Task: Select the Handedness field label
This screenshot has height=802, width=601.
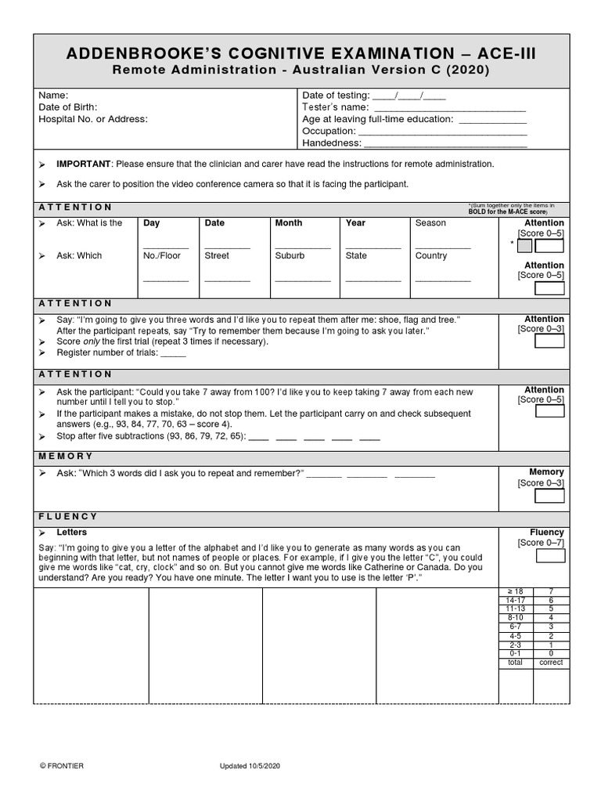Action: (x=332, y=143)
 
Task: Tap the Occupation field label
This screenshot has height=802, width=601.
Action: (x=329, y=132)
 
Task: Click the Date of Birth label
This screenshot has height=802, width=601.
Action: (x=68, y=107)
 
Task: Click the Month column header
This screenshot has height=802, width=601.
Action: (x=288, y=223)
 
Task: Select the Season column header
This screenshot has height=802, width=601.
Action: (x=430, y=223)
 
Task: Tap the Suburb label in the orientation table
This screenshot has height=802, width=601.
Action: (x=290, y=256)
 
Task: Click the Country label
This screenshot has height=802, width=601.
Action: (x=431, y=256)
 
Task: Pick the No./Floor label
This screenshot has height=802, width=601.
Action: (x=161, y=256)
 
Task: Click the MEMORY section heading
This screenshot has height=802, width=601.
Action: (x=66, y=456)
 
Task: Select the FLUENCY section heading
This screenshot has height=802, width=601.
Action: (x=68, y=517)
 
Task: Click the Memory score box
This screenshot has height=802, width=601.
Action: (x=549, y=496)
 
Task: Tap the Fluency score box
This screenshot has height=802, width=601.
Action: (x=549, y=556)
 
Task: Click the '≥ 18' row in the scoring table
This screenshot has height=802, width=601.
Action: (x=516, y=591)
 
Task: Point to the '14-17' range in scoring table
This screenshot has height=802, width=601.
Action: (x=516, y=600)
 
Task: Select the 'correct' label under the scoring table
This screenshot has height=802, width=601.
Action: (x=551, y=663)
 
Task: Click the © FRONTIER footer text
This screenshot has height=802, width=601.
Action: (x=62, y=766)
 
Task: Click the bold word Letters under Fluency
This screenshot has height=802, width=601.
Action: (x=72, y=533)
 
